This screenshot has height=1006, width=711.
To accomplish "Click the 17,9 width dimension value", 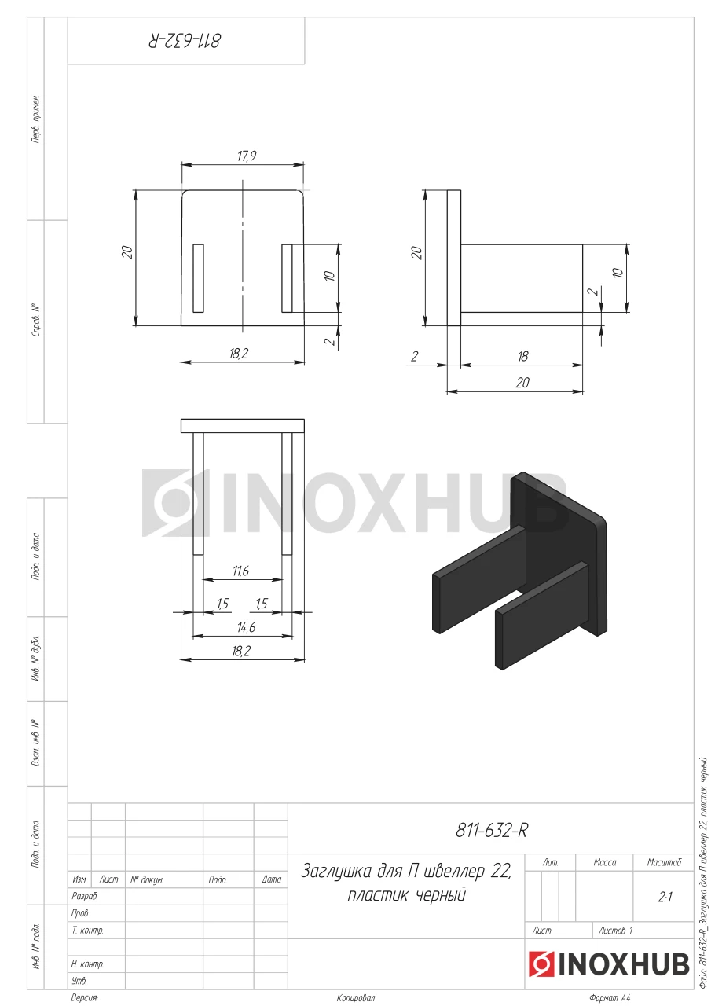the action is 247,156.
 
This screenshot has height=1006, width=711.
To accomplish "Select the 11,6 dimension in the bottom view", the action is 240,571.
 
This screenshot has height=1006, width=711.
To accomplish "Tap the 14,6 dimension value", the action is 246,627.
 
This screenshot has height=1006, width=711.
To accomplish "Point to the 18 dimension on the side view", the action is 522,356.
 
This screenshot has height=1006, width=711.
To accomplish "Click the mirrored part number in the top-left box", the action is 185,40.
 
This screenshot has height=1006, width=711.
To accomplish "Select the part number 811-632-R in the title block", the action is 492,831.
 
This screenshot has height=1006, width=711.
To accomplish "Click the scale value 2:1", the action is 665,897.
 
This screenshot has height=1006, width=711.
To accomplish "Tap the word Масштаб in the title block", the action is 664,862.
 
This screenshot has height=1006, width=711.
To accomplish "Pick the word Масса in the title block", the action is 605,862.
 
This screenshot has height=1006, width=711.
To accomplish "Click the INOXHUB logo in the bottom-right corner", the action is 609,964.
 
